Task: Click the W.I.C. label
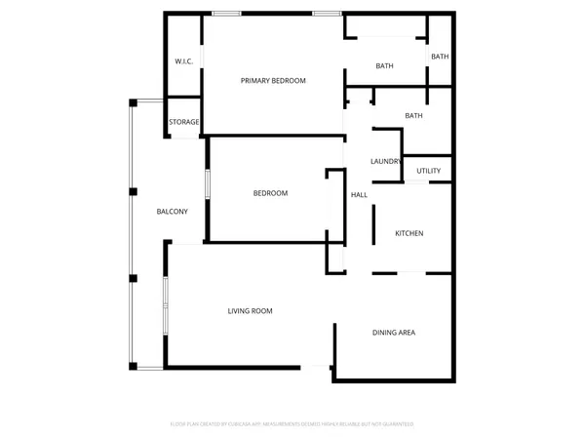point(183,61)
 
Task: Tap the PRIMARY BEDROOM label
point(273,80)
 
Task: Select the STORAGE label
point(184,122)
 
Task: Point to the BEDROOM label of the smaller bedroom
point(270,193)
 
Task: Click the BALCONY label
point(172,212)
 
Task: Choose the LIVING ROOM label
point(250,311)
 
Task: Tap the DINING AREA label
point(394,333)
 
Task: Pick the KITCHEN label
point(409,233)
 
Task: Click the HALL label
point(359,195)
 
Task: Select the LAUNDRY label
point(386,162)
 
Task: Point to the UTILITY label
point(428,171)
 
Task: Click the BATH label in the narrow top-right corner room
point(440,57)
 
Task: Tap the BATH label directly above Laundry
point(413,116)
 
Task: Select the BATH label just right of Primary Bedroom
point(384,66)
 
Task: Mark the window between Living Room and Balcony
point(165,306)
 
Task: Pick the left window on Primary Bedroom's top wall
point(227,13)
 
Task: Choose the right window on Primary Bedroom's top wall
point(327,13)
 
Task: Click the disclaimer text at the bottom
point(292,424)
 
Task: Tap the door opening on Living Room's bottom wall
point(316,367)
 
